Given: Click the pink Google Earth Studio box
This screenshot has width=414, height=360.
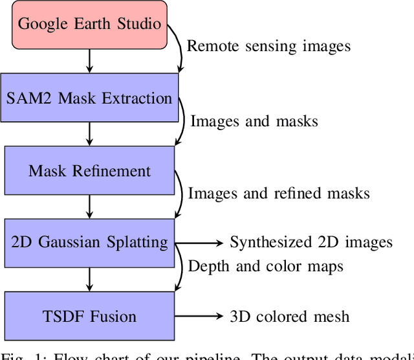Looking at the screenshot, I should click(x=89, y=25).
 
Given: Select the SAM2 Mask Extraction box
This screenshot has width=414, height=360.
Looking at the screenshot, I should click(x=89, y=98).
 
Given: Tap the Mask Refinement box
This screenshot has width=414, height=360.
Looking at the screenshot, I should click(x=89, y=171).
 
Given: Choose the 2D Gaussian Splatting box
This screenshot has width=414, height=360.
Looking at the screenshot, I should click(x=89, y=243).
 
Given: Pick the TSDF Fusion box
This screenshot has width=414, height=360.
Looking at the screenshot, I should click(x=89, y=316).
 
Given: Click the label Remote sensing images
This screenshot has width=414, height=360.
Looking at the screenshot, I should click(x=268, y=46).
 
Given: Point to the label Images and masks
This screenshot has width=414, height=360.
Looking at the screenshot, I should click(x=254, y=120).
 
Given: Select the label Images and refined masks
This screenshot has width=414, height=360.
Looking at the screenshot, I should click(x=278, y=193).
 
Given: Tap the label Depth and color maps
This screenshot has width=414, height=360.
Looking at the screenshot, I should click(x=265, y=266).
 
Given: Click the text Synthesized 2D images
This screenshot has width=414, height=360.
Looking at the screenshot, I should click(x=311, y=243).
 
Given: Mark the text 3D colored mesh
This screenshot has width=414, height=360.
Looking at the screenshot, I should click(x=289, y=317).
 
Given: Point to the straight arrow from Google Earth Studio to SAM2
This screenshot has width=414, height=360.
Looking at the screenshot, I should click(x=90, y=61).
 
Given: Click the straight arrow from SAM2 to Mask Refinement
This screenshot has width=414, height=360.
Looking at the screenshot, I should click(x=90, y=134).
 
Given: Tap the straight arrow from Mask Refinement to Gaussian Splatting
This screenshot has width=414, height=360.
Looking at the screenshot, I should click(x=90, y=207).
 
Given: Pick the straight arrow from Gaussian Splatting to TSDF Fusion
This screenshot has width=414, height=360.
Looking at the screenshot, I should click(x=90, y=280).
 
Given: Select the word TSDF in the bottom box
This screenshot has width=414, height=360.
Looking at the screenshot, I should click(x=59, y=317).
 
